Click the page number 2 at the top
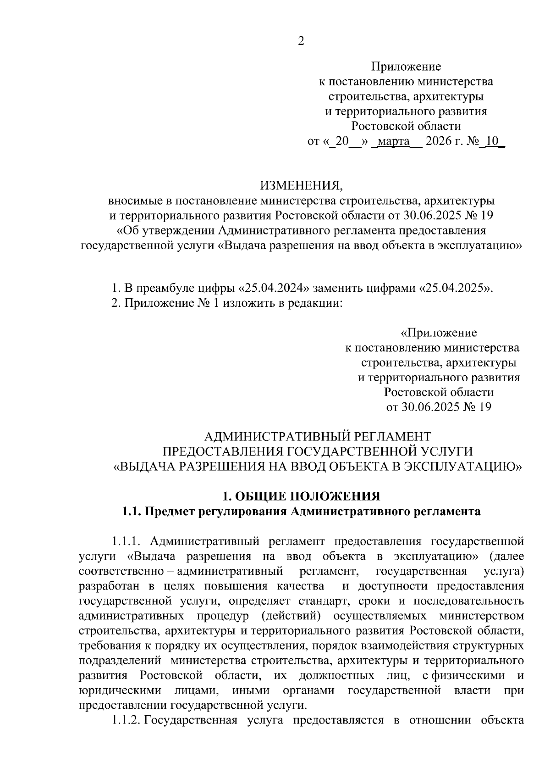tap(301, 41)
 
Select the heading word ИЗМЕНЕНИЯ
tap(301, 186)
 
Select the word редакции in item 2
tap(319, 303)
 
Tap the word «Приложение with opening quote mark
tap(439, 333)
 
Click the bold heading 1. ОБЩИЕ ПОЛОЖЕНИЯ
tap(301, 496)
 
